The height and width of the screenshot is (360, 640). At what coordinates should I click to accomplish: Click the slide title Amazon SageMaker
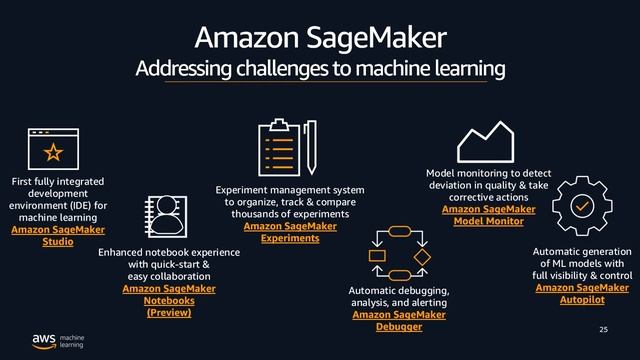pyautogui.click(x=320, y=38)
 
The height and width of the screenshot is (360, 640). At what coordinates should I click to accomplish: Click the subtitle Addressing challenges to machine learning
pyautogui.click(x=320, y=69)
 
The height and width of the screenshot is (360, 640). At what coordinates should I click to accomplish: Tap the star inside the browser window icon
pyautogui.click(x=52, y=152)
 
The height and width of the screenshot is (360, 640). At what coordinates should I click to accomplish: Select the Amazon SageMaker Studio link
pyautogui.click(x=58, y=236)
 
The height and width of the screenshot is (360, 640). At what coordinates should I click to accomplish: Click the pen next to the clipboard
pyautogui.click(x=311, y=147)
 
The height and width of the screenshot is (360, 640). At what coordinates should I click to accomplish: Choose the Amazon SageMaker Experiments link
pyautogui.click(x=290, y=233)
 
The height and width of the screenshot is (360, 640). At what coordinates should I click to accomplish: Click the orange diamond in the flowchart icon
pyautogui.click(x=422, y=256)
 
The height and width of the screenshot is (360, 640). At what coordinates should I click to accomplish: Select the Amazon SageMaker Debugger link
pyautogui.click(x=399, y=320)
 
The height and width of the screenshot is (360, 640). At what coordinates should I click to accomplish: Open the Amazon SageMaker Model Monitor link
pyautogui.click(x=488, y=215)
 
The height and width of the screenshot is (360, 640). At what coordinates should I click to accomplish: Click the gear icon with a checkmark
pyautogui.click(x=582, y=203)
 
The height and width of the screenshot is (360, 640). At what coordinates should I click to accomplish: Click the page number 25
pyautogui.click(x=603, y=330)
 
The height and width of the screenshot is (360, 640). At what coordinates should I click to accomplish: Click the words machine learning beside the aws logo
pyautogui.click(x=72, y=341)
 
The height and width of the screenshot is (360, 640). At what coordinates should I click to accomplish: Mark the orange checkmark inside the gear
pyautogui.click(x=582, y=203)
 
